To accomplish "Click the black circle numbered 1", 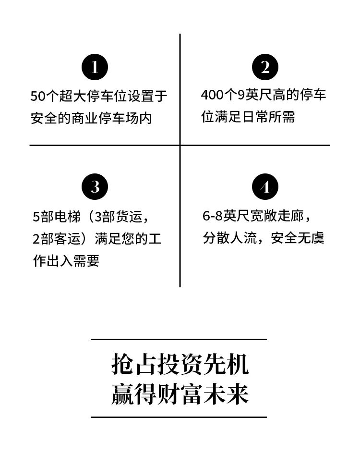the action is tap(95, 67).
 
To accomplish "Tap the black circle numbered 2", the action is tap(265, 67).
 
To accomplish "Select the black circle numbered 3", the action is tap(95, 187).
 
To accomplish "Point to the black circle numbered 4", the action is tap(265, 187).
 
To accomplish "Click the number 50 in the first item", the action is tap(37, 96).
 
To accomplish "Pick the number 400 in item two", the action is tap(212, 95).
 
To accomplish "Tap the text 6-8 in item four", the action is tap(213, 216).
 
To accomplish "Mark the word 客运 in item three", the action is tap(68, 239).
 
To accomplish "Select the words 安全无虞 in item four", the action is tap(297, 238).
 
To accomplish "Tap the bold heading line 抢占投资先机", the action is tap(180, 364).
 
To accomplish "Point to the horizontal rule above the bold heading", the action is tap(179, 339).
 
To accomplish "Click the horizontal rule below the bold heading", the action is tap(179, 417).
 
